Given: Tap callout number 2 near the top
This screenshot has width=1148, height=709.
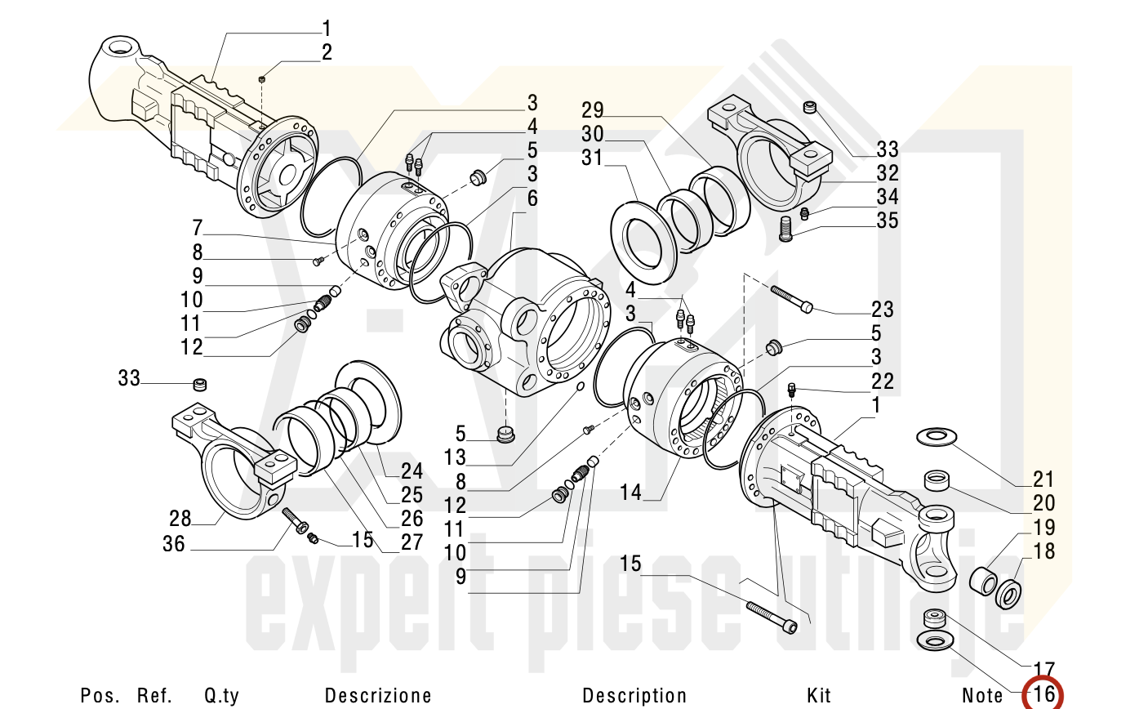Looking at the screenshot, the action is (327, 52).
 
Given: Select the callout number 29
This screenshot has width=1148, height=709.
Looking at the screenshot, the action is (593, 109).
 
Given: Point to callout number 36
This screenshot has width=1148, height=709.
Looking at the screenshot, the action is (174, 544).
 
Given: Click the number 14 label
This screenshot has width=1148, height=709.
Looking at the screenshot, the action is (631, 493).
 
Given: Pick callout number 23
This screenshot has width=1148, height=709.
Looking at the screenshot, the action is (883, 309).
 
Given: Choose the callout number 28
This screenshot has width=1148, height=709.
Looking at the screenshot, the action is (180, 519).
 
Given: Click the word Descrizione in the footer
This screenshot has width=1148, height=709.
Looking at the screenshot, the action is (378, 696).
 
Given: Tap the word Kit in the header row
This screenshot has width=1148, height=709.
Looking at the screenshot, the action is (818, 696).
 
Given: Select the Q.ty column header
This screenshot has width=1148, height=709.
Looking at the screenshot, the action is (221, 696).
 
